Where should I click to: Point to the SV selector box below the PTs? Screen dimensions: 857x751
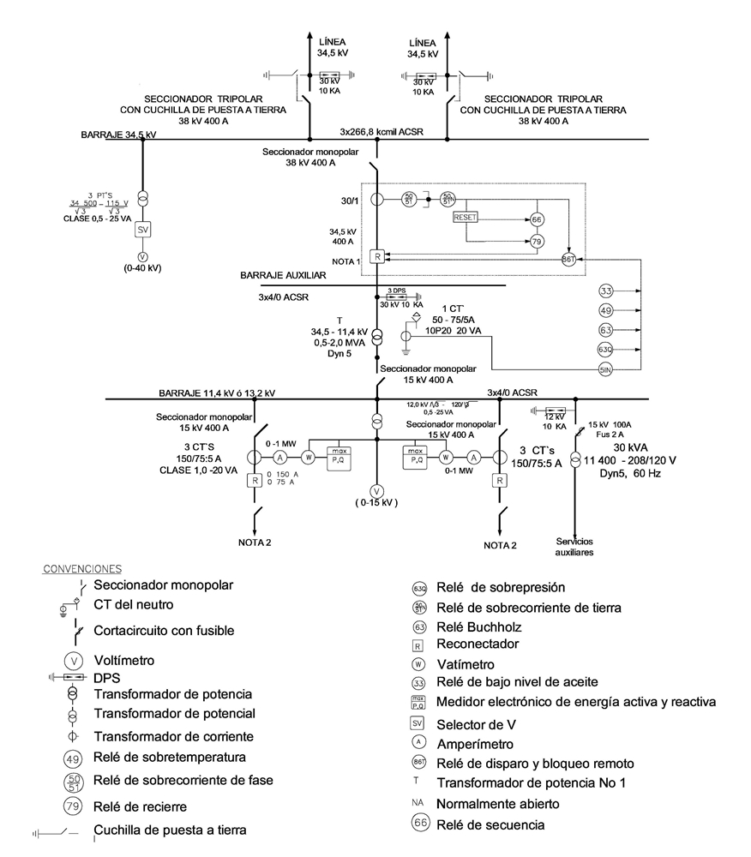(x=143, y=230)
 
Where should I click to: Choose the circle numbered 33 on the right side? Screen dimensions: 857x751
(x=606, y=291)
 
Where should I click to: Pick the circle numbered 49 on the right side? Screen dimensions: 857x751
(x=606, y=310)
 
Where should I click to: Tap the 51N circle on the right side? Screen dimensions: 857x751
(x=606, y=369)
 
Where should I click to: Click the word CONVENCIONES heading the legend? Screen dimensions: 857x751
(x=82, y=568)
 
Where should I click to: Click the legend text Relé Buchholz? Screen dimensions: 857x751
(x=479, y=626)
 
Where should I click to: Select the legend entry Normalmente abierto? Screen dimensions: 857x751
(x=498, y=805)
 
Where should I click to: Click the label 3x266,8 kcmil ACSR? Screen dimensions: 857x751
(x=382, y=132)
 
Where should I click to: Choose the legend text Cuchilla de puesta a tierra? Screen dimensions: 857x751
(x=170, y=830)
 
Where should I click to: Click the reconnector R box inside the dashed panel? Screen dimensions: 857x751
(x=375, y=256)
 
